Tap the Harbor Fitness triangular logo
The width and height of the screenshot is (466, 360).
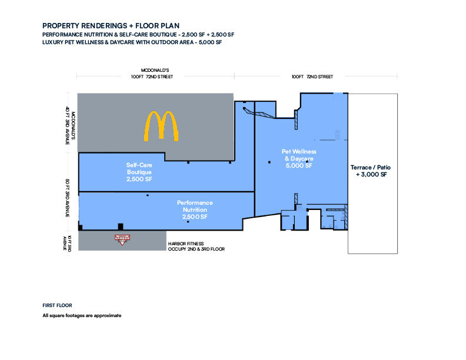122,239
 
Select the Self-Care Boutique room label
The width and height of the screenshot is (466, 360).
139,172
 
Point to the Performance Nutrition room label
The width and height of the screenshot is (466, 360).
195,209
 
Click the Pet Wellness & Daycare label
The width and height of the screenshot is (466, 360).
299,159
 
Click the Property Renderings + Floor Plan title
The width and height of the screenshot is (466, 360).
111,26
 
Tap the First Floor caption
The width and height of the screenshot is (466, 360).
57,305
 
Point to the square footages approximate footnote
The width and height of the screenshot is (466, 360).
82,315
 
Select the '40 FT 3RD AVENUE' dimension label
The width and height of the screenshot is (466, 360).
68,125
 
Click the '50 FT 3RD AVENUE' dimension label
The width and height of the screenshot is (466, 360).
68,198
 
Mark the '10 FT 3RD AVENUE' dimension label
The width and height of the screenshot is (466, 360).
67,243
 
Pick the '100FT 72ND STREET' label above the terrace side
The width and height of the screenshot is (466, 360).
312,76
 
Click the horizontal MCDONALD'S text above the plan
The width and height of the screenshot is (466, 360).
155,71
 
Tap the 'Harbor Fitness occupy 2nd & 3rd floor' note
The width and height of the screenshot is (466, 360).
197,246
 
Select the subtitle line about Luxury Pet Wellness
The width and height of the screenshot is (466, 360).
132,42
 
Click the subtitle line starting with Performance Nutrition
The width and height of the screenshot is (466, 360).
138,35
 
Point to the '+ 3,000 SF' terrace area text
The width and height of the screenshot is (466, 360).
371,174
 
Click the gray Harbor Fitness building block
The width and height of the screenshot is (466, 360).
122,241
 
